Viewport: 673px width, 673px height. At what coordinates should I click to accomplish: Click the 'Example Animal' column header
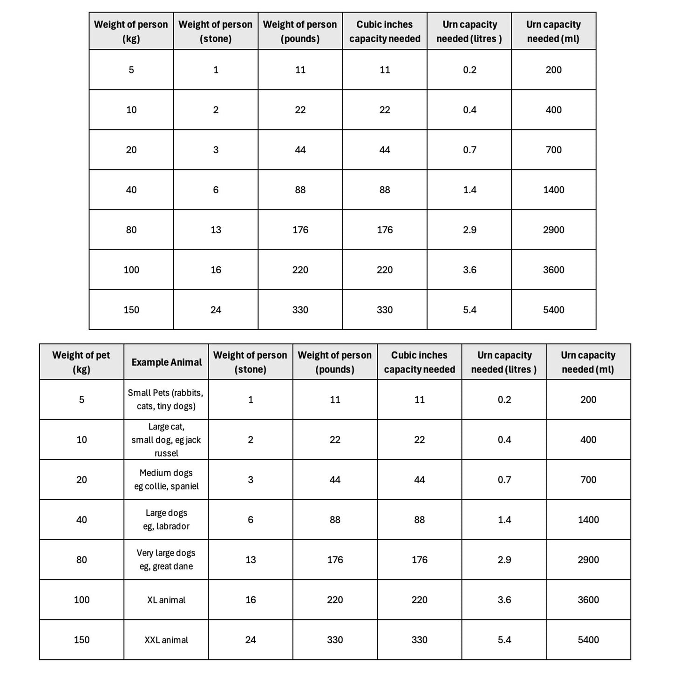(x=166, y=362)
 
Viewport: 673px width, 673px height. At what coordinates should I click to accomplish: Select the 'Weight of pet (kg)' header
(x=81, y=362)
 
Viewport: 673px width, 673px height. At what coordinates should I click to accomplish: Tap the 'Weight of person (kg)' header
(x=131, y=31)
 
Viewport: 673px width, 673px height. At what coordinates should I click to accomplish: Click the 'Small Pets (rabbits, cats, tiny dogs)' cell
(x=166, y=400)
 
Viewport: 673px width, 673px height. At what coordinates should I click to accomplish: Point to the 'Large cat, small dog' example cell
(x=166, y=440)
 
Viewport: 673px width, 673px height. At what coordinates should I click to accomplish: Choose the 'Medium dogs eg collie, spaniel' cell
(x=166, y=480)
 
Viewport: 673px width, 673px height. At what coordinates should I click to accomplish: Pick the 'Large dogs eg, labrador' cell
(x=166, y=520)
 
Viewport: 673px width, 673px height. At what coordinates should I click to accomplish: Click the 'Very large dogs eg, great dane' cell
(x=166, y=560)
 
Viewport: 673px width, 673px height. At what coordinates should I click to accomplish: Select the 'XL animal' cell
(x=166, y=600)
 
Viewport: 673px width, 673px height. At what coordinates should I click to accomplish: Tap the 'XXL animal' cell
(x=166, y=640)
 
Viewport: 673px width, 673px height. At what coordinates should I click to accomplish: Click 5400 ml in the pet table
(x=588, y=640)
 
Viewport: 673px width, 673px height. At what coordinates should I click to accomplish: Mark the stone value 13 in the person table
(x=216, y=230)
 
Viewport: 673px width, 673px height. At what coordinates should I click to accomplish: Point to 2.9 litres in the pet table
(x=504, y=560)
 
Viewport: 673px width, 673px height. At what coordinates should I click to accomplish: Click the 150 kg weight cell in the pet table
(x=82, y=640)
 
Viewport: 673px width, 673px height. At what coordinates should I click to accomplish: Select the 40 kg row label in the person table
(x=131, y=190)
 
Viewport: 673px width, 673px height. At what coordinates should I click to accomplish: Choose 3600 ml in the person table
(x=553, y=270)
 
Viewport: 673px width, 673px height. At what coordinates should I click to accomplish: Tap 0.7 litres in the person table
(x=469, y=150)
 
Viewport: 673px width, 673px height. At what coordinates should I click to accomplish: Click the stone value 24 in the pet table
(x=251, y=640)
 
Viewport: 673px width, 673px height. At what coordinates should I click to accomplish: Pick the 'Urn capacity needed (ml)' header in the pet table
(x=588, y=362)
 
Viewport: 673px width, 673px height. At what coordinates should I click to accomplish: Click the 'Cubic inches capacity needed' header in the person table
(x=385, y=31)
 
